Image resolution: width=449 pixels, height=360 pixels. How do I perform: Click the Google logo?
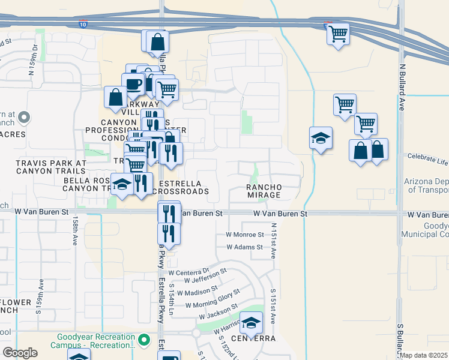click(x=20, y=353)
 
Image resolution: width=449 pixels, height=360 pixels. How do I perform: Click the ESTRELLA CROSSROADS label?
click(x=180, y=187)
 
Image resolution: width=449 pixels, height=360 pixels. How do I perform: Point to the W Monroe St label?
click(x=245, y=235)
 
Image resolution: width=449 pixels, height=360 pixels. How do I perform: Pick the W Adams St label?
click(x=244, y=247)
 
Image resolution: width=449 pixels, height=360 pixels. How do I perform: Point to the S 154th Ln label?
click(x=171, y=302)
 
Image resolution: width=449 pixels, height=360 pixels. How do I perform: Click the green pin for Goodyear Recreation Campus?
click(x=143, y=340)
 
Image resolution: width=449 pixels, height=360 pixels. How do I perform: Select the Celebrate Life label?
click(x=427, y=159)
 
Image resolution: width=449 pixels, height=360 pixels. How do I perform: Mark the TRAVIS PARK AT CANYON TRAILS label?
click(x=51, y=167)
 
